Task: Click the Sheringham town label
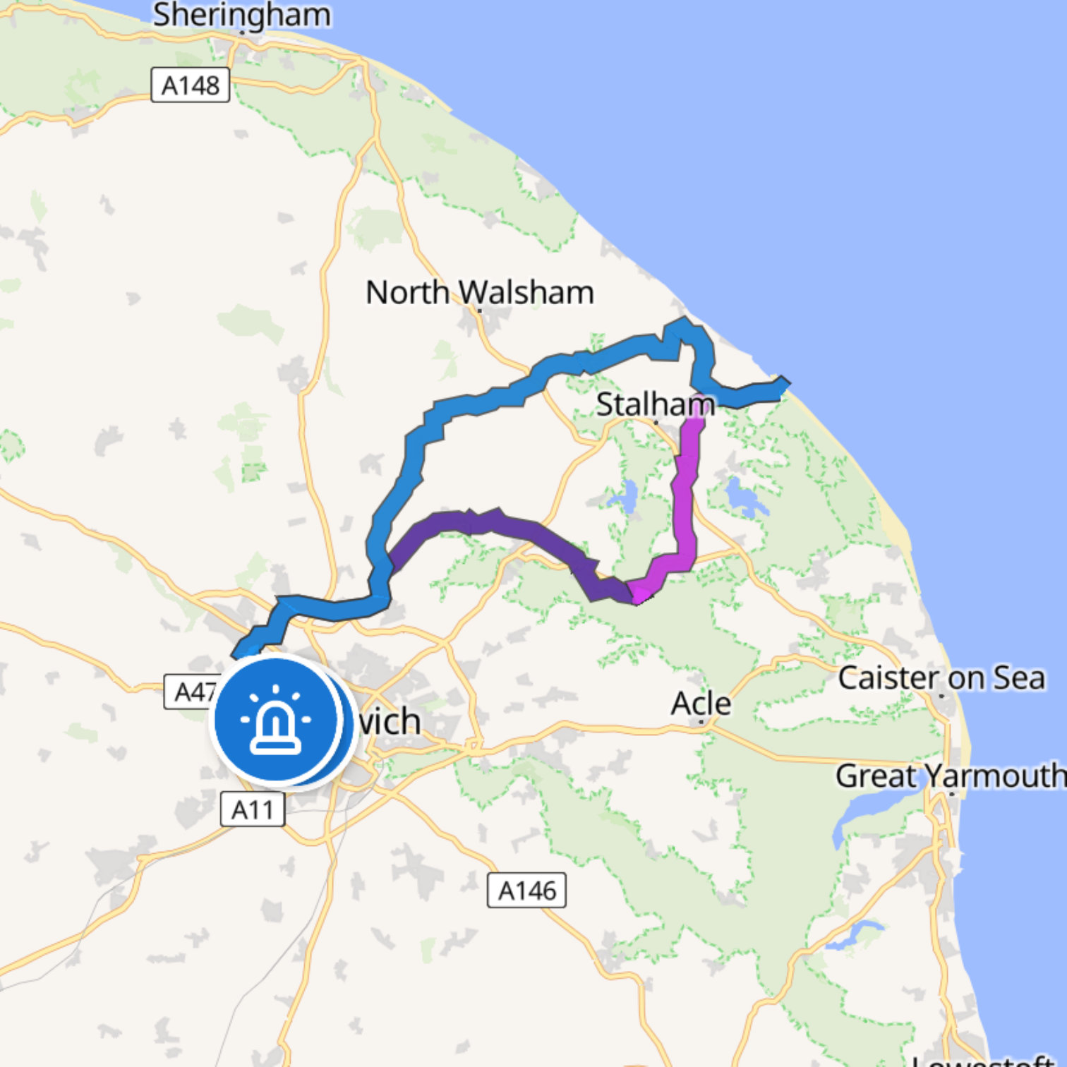click(241, 16)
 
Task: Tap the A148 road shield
click(191, 85)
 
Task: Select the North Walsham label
click(479, 292)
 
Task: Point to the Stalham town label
click(655, 404)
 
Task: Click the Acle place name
click(701, 703)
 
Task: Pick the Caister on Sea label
click(941, 677)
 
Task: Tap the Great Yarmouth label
click(950, 776)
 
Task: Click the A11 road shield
click(253, 809)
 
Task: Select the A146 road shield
click(526, 891)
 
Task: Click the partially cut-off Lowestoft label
click(988, 1060)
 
